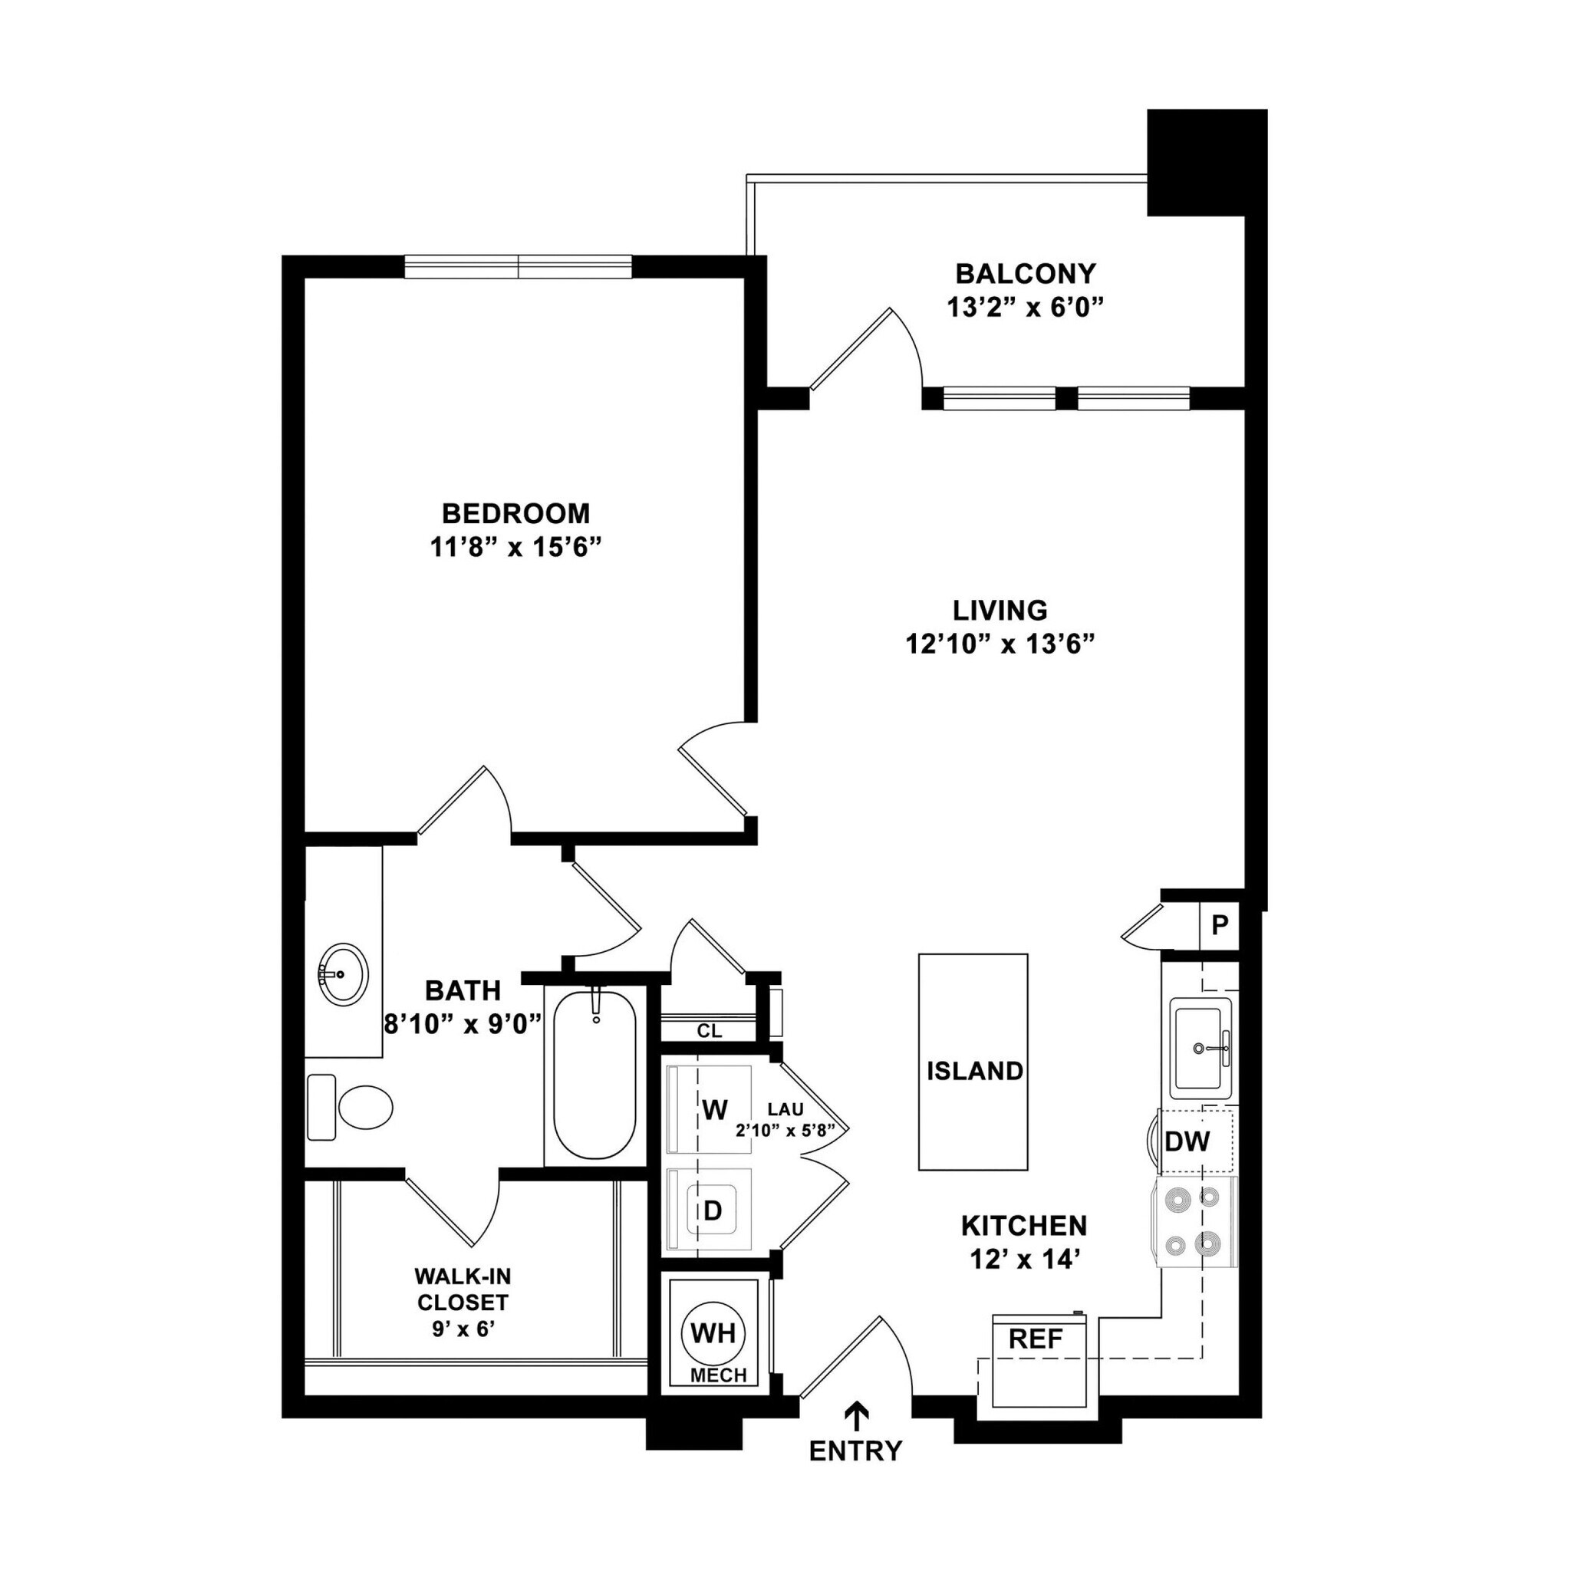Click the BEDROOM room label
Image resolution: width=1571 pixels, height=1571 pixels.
pyautogui.click(x=515, y=513)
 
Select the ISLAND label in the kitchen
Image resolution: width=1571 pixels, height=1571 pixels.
pyautogui.click(x=974, y=1071)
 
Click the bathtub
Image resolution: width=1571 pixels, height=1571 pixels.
pyautogui.click(x=594, y=1075)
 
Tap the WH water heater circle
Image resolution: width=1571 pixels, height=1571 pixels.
pyautogui.click(x=713, y=1332)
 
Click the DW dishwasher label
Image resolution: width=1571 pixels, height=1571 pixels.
pyautogui.click(x=1187, y=1141)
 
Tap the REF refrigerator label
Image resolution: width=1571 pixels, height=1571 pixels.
pyautogui.click(x=1035, y=1339)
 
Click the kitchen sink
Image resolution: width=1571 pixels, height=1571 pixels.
pyautogui.click(x=1200, y=1049)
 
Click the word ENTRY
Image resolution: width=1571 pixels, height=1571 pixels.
pyautogui.click(x=855, y=1451)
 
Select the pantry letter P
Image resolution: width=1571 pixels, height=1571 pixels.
pyautogui.click(x=1219, y=925)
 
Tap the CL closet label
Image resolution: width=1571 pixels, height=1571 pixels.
pyautogui.click(x=709, y=1031)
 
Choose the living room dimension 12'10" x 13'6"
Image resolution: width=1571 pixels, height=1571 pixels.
pyautogui.click(x=1000, y=645)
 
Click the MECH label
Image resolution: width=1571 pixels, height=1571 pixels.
pyautogui.click(x=718, y=1375)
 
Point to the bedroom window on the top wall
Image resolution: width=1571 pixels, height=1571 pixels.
pyautogui.click(x=518, y=266)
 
